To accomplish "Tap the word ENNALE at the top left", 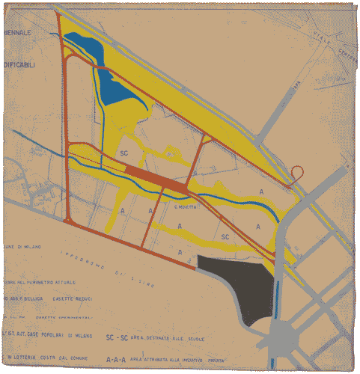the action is [x=18, y=34].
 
